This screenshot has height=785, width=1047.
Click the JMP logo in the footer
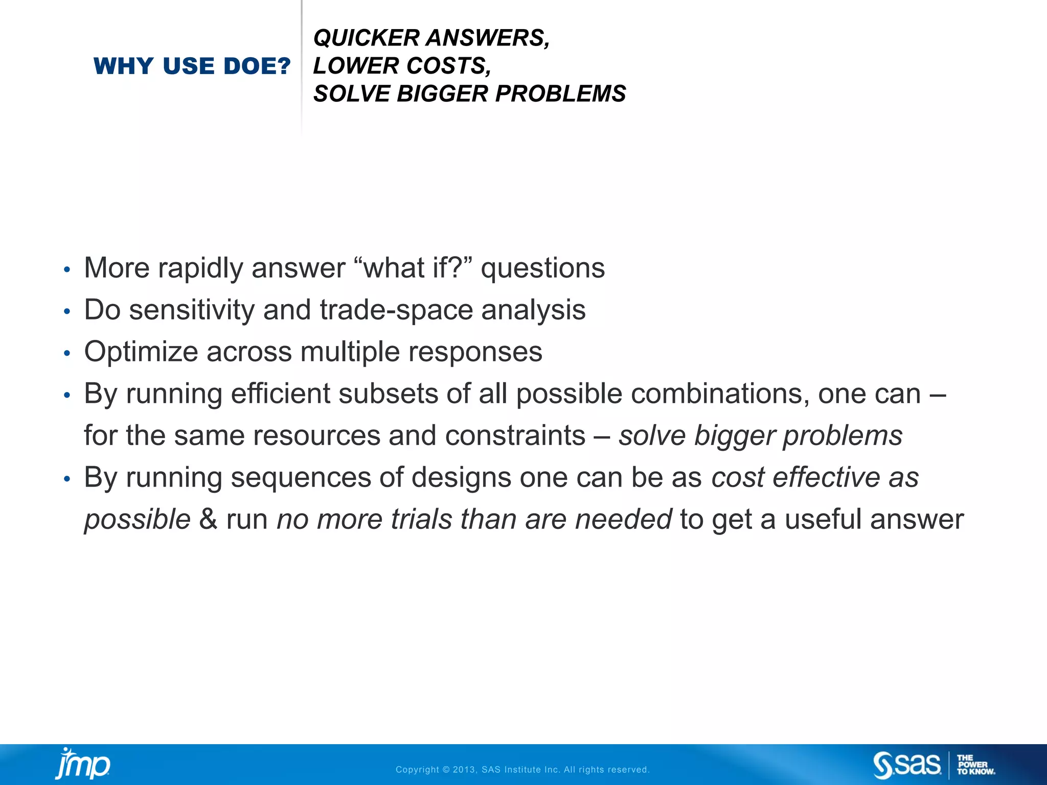(x=83, y=764)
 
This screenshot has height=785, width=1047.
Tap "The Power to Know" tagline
(x=975, y=765)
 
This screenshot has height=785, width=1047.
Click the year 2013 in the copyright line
(x=464, y=770)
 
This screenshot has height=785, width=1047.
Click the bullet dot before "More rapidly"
(x=67, y=269)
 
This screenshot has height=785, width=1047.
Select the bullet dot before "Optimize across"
(x=67, y=353)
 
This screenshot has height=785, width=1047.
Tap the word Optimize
(x=141, y=352)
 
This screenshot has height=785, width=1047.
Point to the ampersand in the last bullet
(x=208, y=520)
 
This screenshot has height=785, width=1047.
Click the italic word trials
(x=422, y=520)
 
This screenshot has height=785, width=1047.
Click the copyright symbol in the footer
(x=446, y=770)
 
